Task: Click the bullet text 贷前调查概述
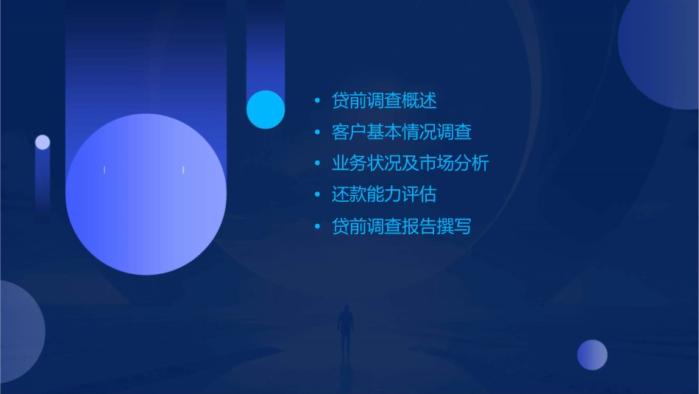tap(384, 101)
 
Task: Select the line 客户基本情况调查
tap(402, 133)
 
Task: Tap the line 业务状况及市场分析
tap(411, 163)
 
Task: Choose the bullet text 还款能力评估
tap(384, 195)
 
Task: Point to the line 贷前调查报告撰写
tap(402, 227)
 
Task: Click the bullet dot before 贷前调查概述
tap(317, 101)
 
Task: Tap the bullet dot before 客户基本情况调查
tap(317, 133)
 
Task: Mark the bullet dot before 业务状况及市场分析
tap(317, 163)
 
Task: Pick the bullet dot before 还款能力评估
tap(317, 195)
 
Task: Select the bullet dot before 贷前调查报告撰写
tap(317, 227)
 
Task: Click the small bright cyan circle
tap(266, 109)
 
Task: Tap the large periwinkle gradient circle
tap(146, 194)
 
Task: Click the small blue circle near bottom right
tap(592, 355)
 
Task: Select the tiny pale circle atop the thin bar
tap(43, 142)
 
